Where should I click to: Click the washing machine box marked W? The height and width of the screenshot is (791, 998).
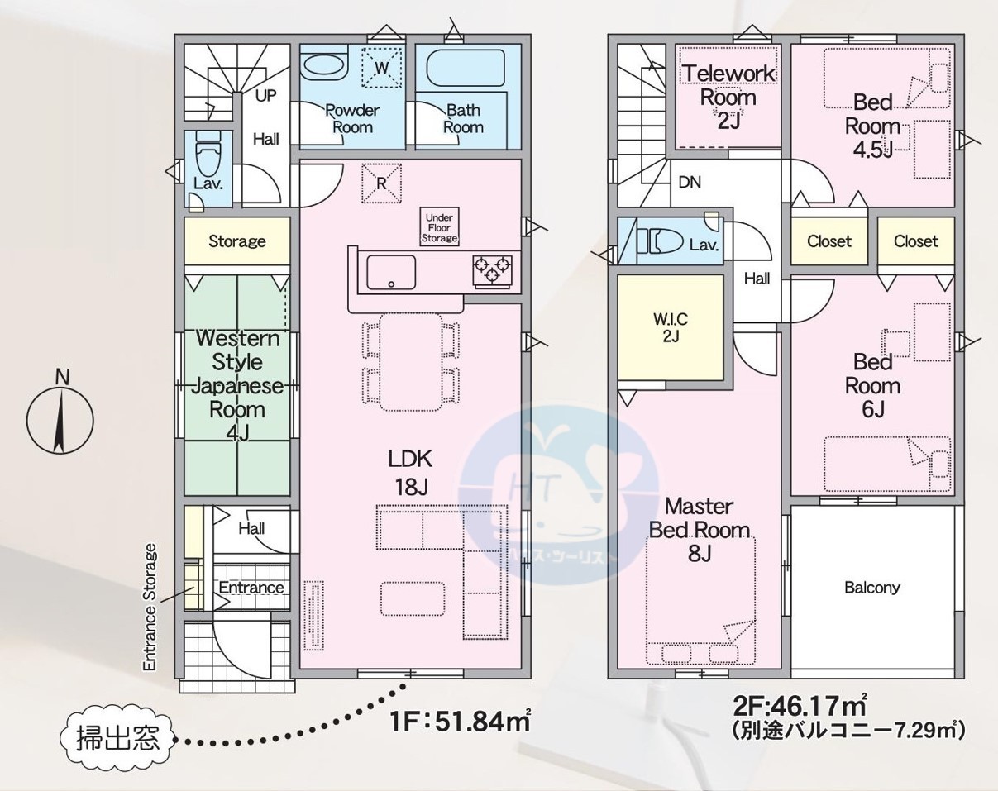click(380, 68)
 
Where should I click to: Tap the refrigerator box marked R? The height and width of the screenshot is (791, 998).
click(381, 183)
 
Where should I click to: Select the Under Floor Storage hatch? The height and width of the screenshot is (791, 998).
click(439, 227)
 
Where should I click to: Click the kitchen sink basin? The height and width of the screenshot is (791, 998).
click(391, 272)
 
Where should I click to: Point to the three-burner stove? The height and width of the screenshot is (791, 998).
click(493, 269)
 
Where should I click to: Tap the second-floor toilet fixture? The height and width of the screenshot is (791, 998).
click(660, 241)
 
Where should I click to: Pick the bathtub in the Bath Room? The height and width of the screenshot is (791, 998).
click(465, 68)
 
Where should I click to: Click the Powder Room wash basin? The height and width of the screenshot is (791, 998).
click(323, 67)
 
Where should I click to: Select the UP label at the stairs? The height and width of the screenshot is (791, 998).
click(265, 96)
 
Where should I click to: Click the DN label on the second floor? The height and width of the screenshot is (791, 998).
click(690, 182)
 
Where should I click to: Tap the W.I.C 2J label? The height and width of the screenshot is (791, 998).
click(671, 328)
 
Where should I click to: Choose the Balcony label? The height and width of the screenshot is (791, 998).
click(872, 588)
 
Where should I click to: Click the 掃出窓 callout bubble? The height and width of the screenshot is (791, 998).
click(117, 739)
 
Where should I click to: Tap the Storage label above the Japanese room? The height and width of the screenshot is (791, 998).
click(237, 241)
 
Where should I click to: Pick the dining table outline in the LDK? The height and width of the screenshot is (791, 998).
click(410, 362)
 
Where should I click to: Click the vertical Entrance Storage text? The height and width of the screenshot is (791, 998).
click(150, 607)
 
